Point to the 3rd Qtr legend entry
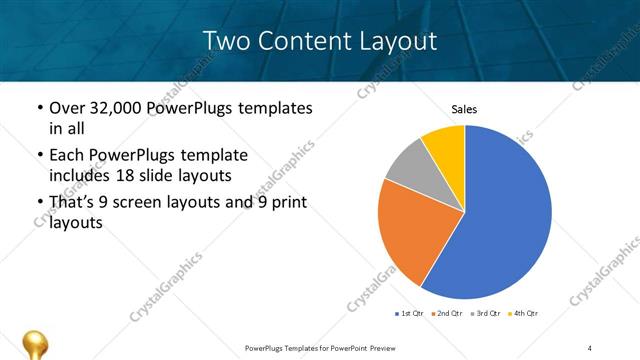point(485,314)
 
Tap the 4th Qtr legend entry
point(523,314)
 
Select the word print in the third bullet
point(286,203)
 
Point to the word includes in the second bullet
point(79,176)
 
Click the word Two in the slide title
point(224,41)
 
